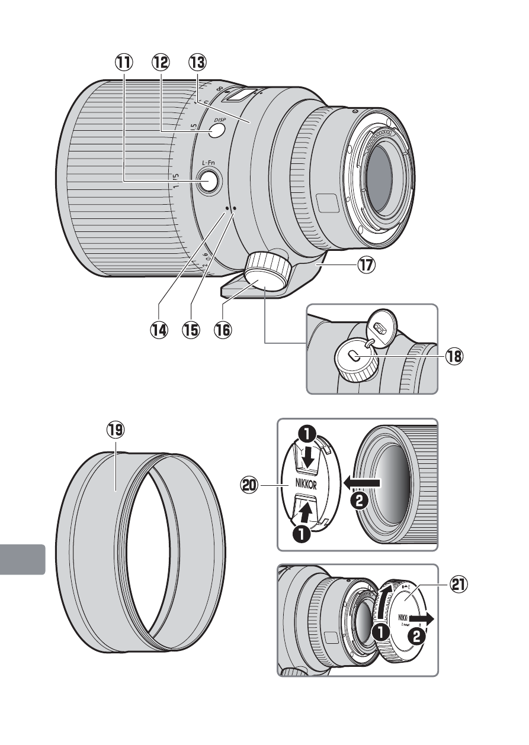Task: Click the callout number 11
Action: pyautogui.click(x=124, y=62)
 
